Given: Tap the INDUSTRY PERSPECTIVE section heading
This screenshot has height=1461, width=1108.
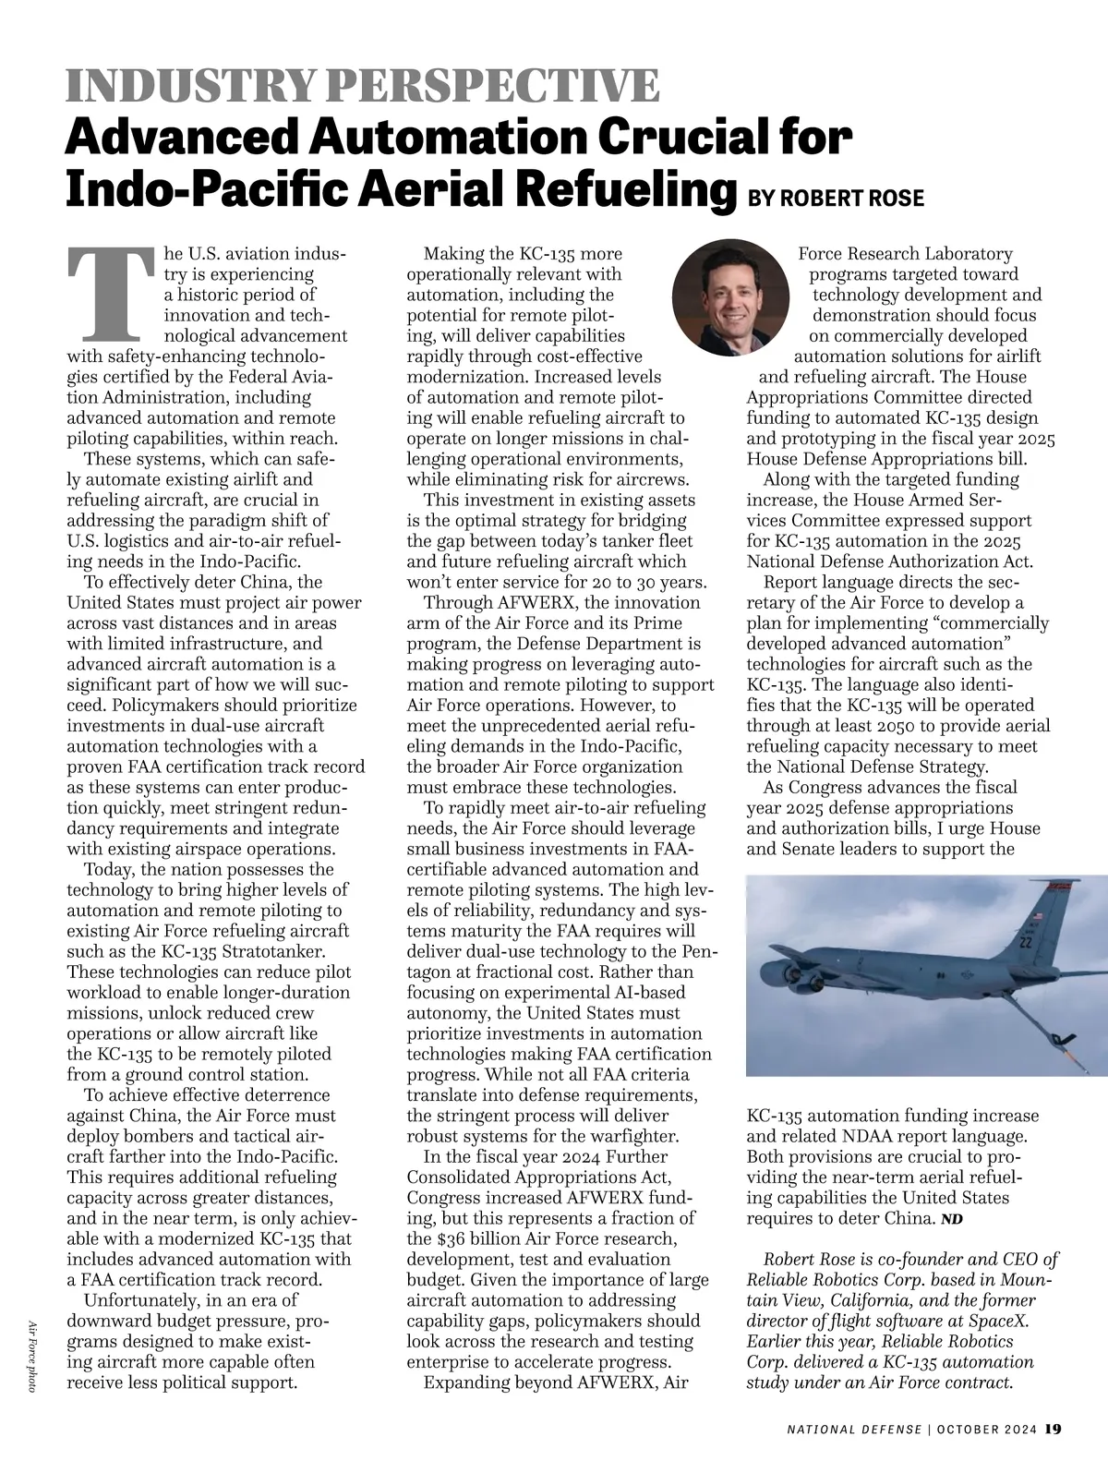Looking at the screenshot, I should tap(363, 86).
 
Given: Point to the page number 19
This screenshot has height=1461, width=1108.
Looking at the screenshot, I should tap(1054, 1428).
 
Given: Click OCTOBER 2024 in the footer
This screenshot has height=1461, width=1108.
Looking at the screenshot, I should tap(986, 1429).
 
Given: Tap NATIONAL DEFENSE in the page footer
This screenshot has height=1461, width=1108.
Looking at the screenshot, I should tap(853, 1429).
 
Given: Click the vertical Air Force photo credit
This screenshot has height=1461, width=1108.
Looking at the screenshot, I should tap(32, 1355).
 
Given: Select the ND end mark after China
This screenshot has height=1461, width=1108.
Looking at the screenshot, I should tap(951, 1219).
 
